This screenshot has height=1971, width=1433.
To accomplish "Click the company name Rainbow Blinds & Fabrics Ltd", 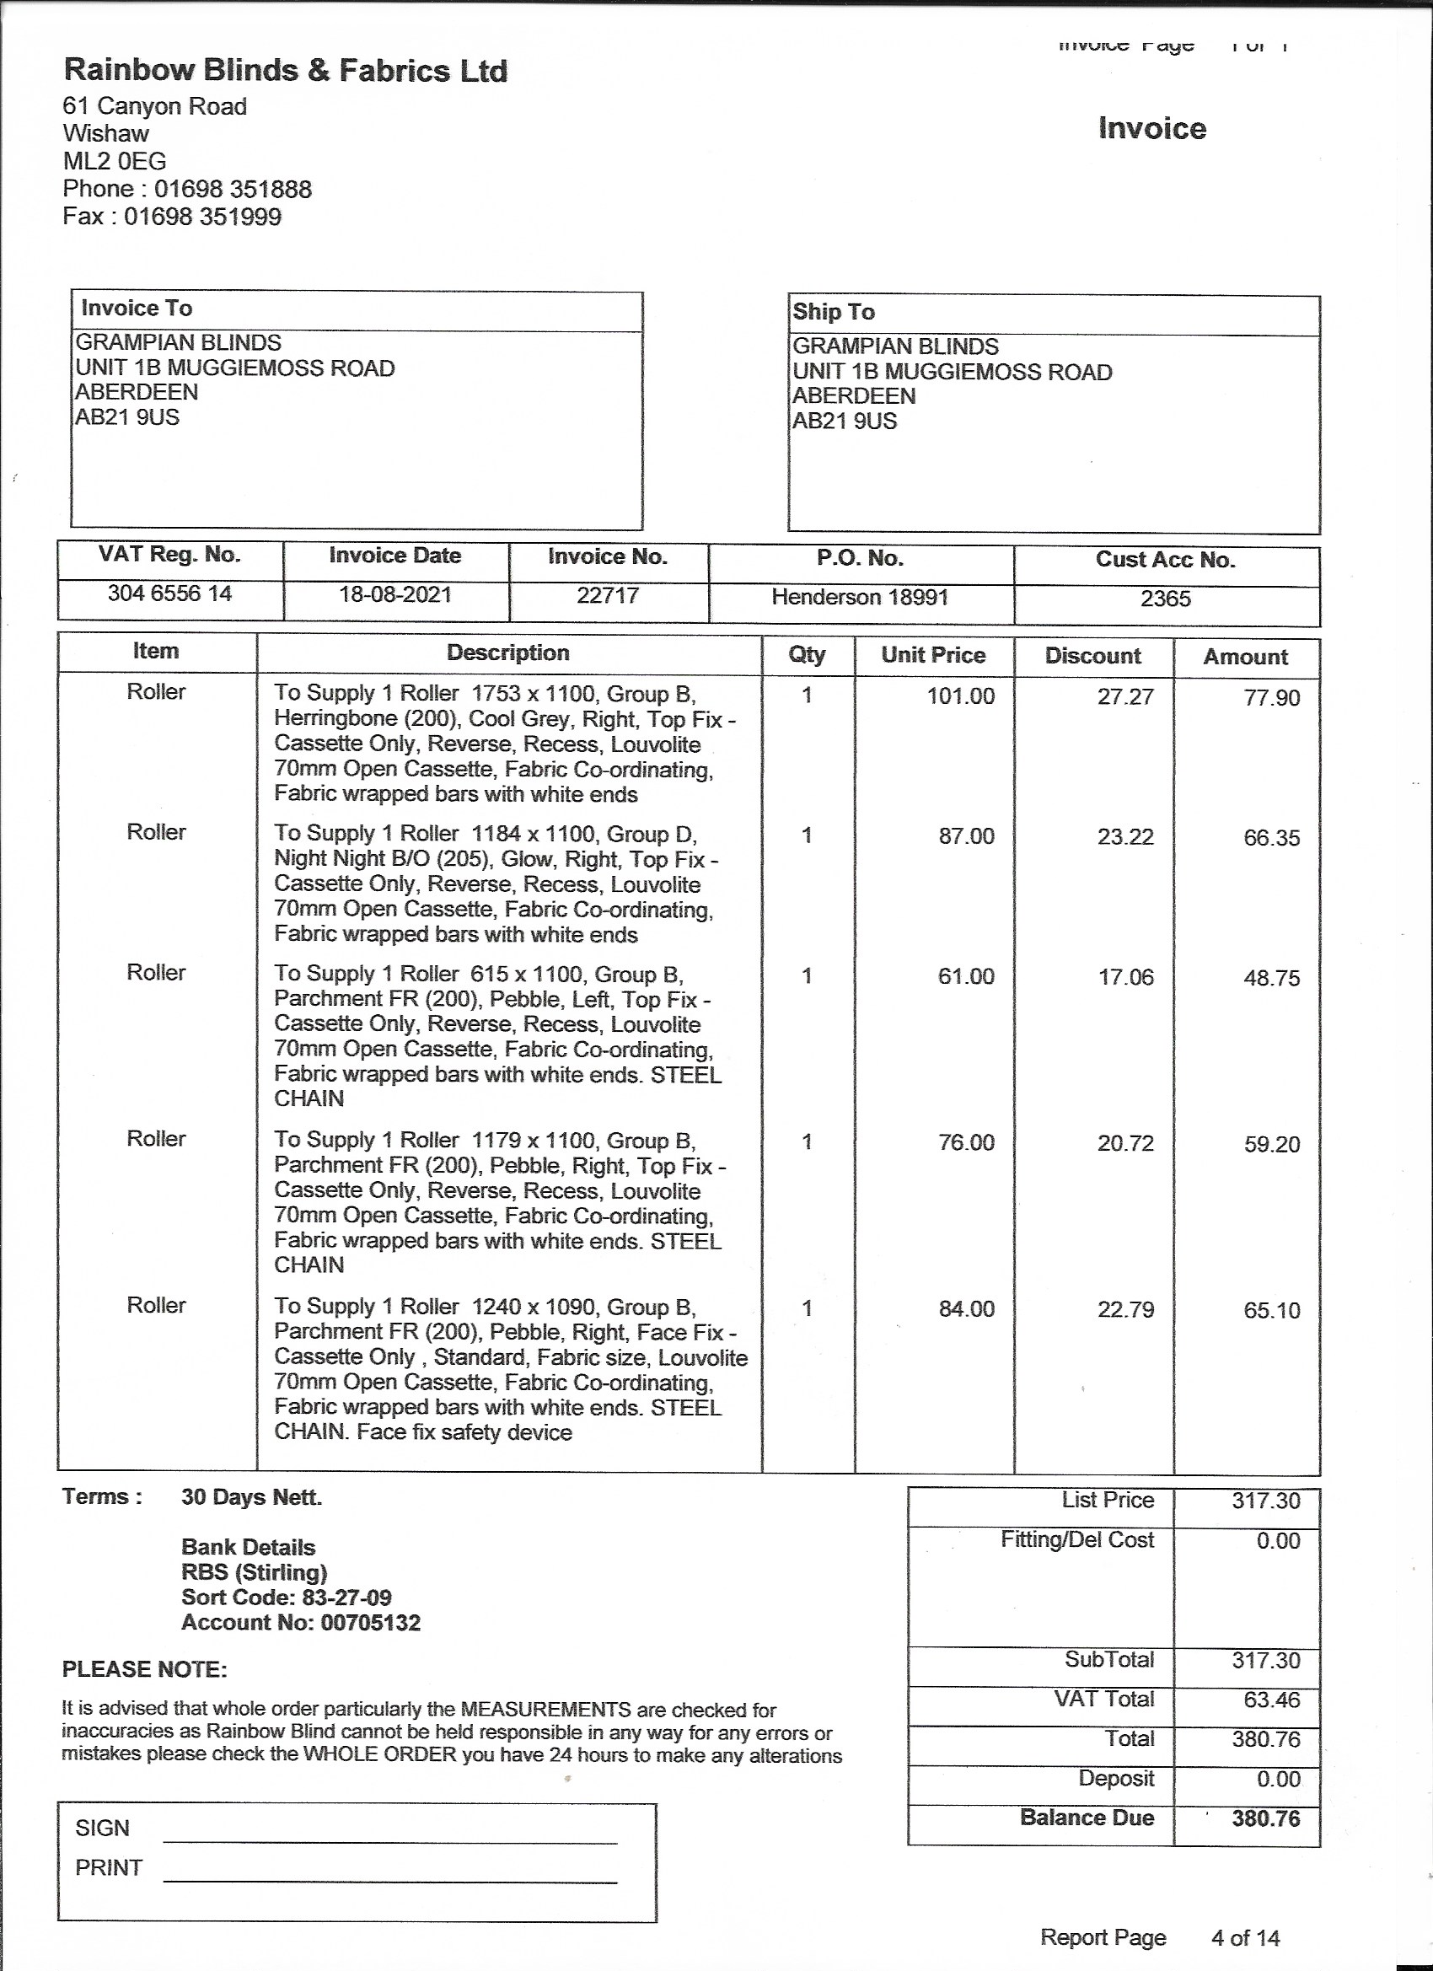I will coord(285,72).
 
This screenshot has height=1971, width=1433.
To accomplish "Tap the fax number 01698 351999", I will coord(202,217).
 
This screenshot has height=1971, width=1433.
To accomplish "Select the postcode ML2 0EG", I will coord(114,161).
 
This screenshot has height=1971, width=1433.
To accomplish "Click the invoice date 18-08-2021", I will coord(395,594).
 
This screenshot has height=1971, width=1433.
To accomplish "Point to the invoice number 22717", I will coord(608,595).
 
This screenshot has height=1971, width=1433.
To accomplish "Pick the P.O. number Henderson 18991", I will coord(860,597).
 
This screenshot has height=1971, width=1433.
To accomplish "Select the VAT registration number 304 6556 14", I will coord(169,593).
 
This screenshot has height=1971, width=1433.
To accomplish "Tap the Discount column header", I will coord(1092,656).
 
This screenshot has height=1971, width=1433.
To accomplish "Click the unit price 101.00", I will coord(960,696).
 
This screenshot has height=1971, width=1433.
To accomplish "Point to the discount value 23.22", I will coord(1125,837).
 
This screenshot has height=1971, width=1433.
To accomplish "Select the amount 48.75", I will coord(1271,979).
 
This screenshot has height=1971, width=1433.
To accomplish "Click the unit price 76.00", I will coord(965,1143).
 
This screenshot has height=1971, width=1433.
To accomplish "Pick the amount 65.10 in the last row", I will coord(1271,1311).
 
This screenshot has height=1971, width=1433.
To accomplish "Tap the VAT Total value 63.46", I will coord(1271,1699).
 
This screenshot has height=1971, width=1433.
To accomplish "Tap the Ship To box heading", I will coord(834,312).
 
